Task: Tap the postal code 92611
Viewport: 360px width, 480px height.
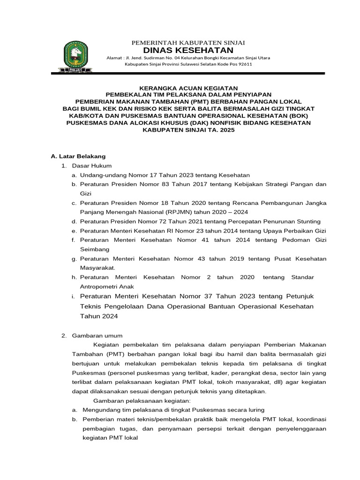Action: [x=243, y=64]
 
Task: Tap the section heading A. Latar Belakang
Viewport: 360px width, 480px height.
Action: [x=78, y=156]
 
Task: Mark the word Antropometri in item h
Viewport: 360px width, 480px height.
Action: [x=99, y=286]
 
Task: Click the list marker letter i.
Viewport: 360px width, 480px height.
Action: [x=74, y=296]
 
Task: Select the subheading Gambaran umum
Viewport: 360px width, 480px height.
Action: [x=97, y=336]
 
